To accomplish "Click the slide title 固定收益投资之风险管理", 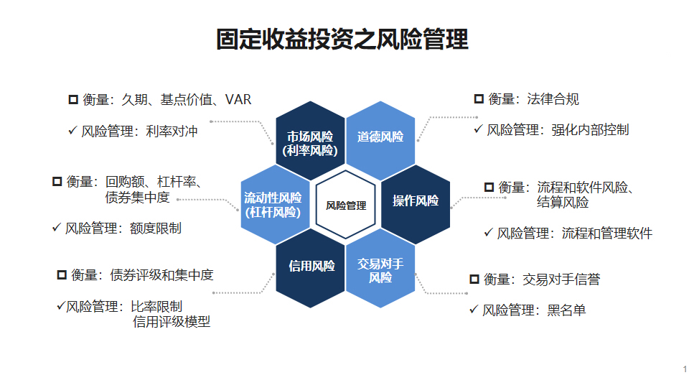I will [x=342, y=40].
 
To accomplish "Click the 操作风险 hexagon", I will [x=416, y=201].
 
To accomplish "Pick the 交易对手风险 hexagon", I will [x=380, y=270].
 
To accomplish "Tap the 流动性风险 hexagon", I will [x=273, y=204].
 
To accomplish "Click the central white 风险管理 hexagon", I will [x=345, y=205].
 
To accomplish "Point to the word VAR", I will [x=238, y=99].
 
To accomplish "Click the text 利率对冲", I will [x=172, y=131].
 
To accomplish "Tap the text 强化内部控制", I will [x=590, y=130].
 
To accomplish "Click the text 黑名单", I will [x=566, y=310].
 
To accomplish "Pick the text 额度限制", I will [x=156, y=228].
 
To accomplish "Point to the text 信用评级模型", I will [x=172, y=322].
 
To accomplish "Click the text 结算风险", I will [x=563, y=203].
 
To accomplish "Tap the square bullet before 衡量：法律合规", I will [x=479, y=99].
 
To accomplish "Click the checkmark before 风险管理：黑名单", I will [x=473, y=310].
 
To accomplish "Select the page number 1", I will [x=685, y=369].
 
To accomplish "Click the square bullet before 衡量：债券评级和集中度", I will [x=61, y=274].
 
